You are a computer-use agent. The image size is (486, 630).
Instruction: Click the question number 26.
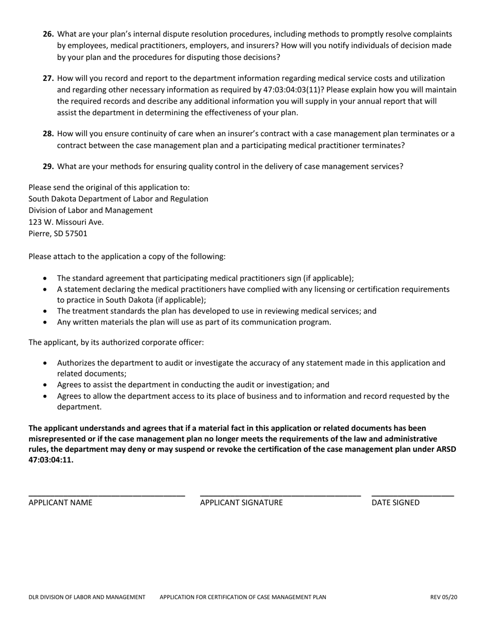[49, 34]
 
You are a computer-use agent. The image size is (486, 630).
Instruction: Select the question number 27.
[49, 78]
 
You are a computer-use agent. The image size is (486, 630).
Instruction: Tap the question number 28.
[49, 134]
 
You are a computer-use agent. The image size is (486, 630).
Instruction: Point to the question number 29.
[49, 166]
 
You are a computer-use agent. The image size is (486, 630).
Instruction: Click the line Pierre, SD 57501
[58, 234]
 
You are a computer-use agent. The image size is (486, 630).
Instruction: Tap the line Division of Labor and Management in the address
[91, 210]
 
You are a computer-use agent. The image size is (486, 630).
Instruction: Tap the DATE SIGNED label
[395, 503]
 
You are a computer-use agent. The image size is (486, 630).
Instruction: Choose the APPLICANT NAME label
[60, 503]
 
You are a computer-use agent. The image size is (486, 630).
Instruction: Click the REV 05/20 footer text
[444, 597]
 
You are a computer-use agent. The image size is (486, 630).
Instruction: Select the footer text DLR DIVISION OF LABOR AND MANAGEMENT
[87, 597]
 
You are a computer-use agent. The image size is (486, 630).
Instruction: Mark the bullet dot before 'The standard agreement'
[46, 279]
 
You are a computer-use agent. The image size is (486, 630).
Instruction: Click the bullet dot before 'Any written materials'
[46, 323]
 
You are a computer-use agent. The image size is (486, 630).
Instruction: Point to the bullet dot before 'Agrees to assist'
[46, 385]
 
